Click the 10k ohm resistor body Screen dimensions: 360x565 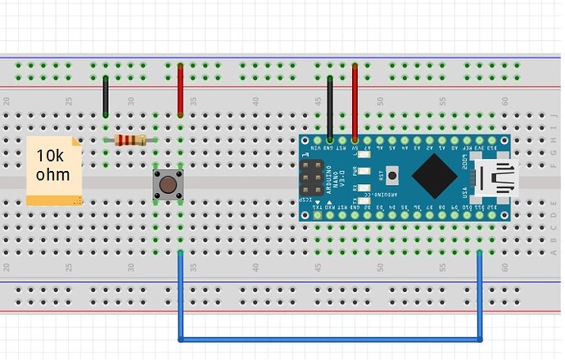click(130, 140)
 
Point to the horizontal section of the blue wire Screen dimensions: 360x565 click(328, 338)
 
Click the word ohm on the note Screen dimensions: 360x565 click(52, 175)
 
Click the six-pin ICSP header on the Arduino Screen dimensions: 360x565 click(311, 178)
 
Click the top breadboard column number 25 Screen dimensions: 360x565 click(69, 101)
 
